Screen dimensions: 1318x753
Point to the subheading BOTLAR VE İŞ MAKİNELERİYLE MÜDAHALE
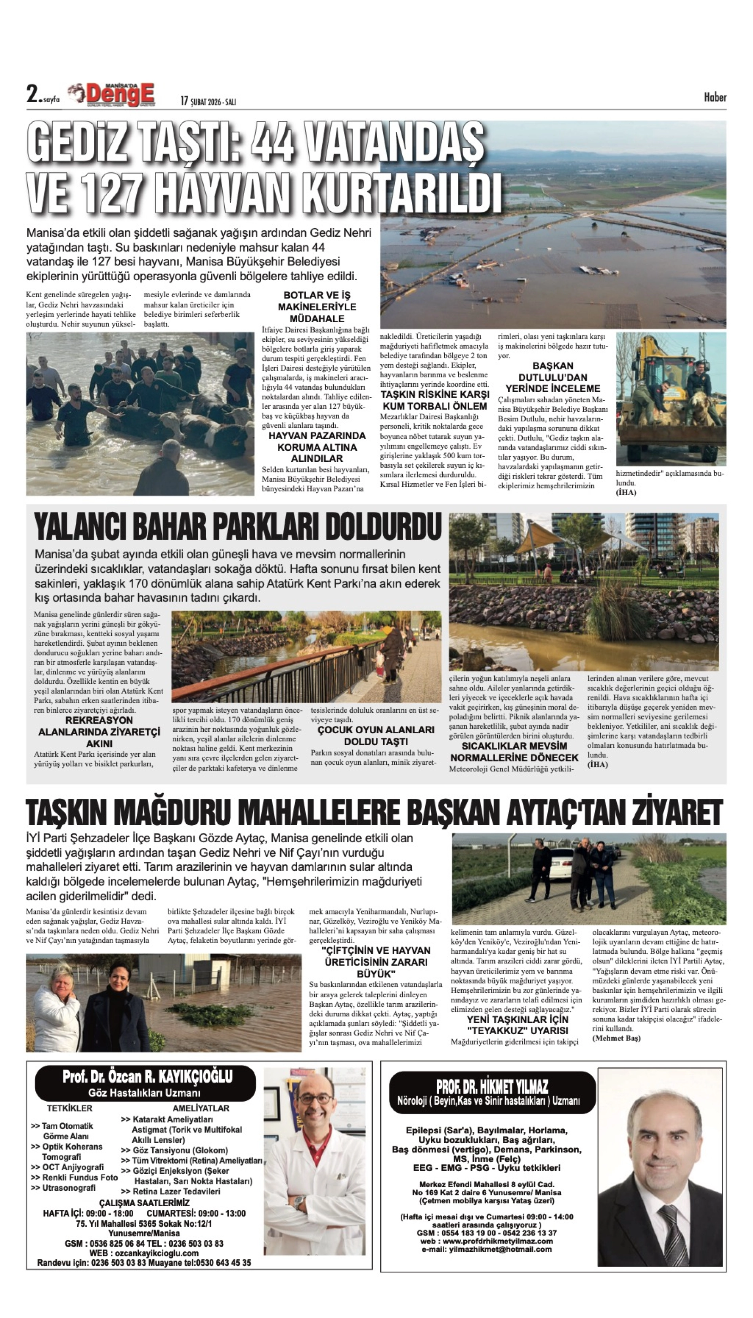[317, 307]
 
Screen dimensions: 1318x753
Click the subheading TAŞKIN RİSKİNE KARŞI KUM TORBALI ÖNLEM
[434, 400]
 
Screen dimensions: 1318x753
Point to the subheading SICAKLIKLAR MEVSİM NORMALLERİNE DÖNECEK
[514, 752]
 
